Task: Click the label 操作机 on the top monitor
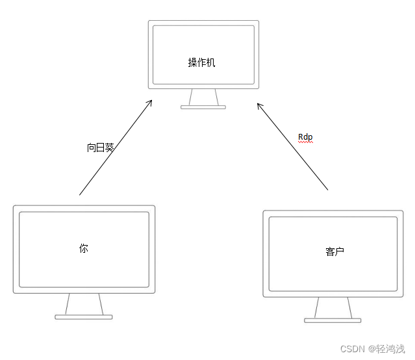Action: (201, 62)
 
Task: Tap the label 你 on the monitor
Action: (84, 248)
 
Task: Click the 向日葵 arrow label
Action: (101, 148)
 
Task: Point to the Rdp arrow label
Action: (305, 137)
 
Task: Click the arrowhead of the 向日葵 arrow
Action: (150, 102)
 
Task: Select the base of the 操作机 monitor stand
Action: (203, 107)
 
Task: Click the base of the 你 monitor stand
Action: (84, 317)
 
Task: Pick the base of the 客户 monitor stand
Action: (333, 320)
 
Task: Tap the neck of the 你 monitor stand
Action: (84, 303)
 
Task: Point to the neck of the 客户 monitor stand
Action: (333, 307)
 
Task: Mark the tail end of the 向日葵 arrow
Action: (80, 194)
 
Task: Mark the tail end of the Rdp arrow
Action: (328, 190)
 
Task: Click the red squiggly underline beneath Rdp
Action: (305, 142)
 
